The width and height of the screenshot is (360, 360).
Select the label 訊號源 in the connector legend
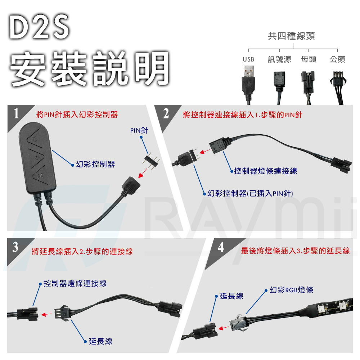279,59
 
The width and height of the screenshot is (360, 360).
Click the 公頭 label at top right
337,59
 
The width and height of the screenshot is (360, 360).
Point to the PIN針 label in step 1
139,130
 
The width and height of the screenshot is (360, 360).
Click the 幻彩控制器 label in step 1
95,165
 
